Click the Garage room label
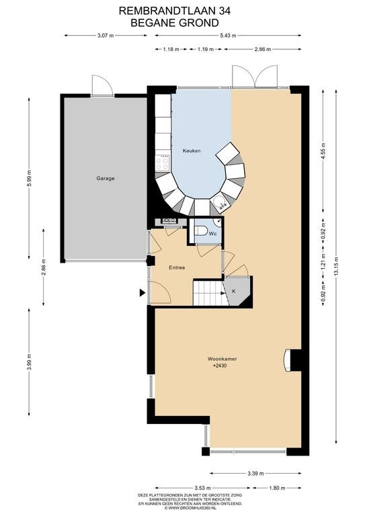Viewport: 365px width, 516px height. pyautogui.click(x=106, y=178)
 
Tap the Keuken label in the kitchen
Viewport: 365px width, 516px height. pyautogui.click(x=192, y=150)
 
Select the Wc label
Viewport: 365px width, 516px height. pyautogui.click(x=213, y=234)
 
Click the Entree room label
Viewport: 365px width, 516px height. pyautogui.click(x=177, y=267)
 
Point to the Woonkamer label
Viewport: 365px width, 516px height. pyautogui.click(x=222, y=359)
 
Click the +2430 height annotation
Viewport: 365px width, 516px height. pyautogui.click(x=220, y=365)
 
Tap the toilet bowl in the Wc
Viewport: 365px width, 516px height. pyautogui.click(x=200, y=231)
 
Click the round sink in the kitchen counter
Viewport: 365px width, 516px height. pyautogui.click(x=219, y=203)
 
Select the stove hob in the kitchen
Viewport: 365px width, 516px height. pyautogui.click(x=163, y=163)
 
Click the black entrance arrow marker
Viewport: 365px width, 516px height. pyautogui.click(x=143, y=292)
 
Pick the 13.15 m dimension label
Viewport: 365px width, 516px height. pyautogui.click(x=335, y=267)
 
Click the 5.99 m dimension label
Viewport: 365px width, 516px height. pyautogui.click(x=29, y=178)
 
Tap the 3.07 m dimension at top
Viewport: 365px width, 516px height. pyautogui.click(x=106, y=36)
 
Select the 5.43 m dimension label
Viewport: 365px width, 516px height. pyautogui.click(x=228, y=36)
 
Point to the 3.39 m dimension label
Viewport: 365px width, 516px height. pyautogui.click(x=255, y=474)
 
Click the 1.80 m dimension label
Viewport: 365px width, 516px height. pyautogui.click(x=277, y=488)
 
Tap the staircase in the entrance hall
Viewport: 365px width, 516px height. pyautogui.click(x=210, y=292)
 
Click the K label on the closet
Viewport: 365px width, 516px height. pyautogui.click(x=234, y=291)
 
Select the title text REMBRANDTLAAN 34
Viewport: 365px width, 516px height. pyautogui.click(x=175, y=11)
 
